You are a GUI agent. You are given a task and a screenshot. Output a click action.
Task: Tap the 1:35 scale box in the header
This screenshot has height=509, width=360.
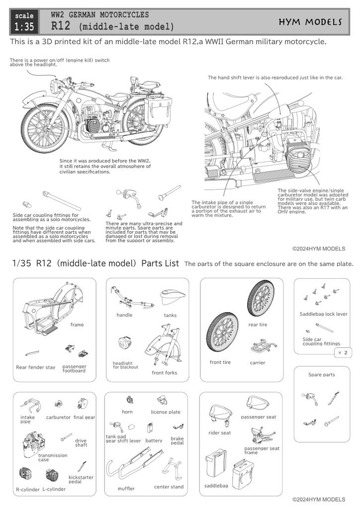tap(24, 22)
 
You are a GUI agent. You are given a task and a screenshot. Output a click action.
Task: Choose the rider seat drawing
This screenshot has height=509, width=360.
tap(219, 415)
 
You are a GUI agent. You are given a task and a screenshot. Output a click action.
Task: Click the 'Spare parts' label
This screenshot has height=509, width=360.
tap(322, 375)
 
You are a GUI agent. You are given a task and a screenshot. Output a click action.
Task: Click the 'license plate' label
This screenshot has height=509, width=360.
tap(166, 412)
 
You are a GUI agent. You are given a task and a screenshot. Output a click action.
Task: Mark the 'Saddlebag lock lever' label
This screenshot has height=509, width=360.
tap(324, 314)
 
